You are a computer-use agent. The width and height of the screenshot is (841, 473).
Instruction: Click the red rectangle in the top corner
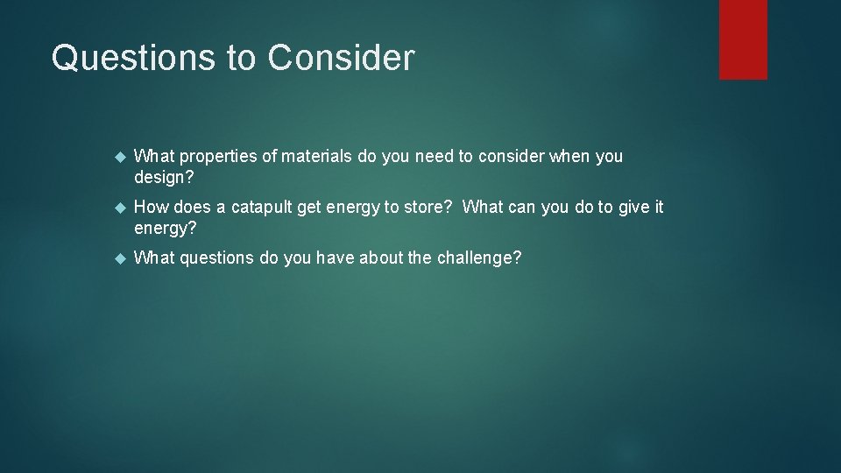coord(743,39)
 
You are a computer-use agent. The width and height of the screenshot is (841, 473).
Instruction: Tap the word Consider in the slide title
coord(341,58)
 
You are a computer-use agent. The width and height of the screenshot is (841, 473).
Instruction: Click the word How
coord(152,208)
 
